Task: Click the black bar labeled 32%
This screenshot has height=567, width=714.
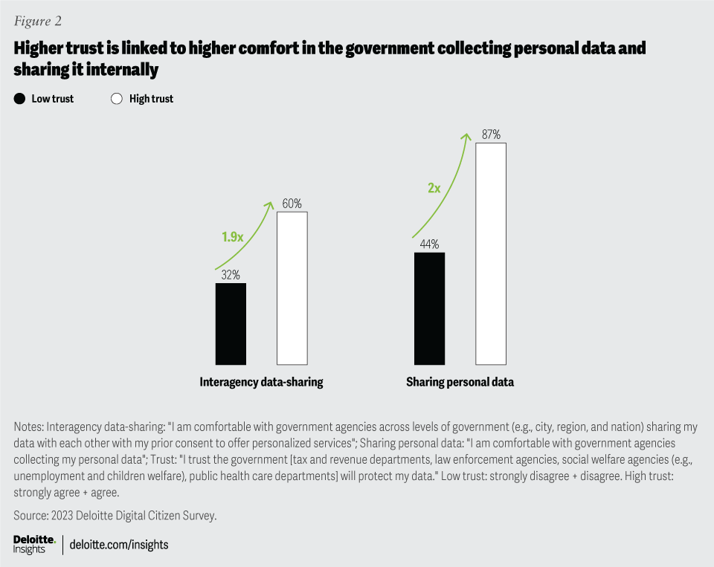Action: point(231,323)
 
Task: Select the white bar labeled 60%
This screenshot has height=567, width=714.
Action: point(292,288)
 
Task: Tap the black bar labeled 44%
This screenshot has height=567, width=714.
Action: point(429,308)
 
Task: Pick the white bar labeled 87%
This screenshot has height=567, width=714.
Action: point(491,253)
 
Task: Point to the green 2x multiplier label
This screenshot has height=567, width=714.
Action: point(434,188)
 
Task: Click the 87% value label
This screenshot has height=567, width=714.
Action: point(491,135)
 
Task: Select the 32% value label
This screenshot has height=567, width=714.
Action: point(231,275)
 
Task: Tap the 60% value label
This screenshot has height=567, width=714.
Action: point(292,204)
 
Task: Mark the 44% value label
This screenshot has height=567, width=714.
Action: point(429,244)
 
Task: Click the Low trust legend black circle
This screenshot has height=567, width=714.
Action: point(19,98)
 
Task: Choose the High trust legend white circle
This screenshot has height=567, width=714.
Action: point(116,98)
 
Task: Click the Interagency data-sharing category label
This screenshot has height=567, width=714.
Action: point(261,382)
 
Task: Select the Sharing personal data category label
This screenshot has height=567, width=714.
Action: point(460,382)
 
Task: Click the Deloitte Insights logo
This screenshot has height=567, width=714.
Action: point(34,544)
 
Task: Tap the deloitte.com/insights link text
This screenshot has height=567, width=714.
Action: point(119,545)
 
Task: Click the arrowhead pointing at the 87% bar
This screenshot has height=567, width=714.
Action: point(468,135)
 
